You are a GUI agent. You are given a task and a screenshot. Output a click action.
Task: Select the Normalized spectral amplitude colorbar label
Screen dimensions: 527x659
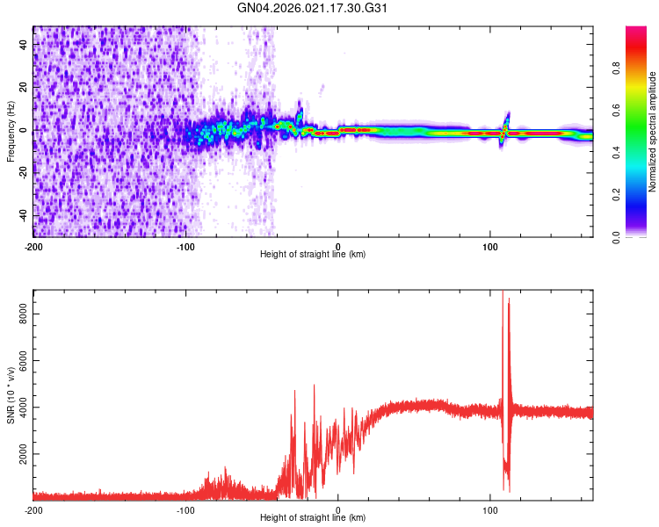click(x=653, y=132)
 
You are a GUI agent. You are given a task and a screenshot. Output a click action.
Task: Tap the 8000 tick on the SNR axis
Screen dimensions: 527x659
click(x=20, y=312)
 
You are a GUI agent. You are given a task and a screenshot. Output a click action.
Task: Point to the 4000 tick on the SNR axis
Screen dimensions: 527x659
click(x=20, y=408)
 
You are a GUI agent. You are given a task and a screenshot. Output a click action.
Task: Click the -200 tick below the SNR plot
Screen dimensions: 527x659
click(x=33, y=509)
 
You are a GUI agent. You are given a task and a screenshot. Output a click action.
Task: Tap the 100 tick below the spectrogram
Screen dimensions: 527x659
click(x=490, y=246)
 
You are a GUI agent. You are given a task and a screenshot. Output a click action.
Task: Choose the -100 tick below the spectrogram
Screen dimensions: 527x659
click(x=185, y=246)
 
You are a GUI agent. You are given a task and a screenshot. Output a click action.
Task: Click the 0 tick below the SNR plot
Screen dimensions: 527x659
click(x=338, y=509)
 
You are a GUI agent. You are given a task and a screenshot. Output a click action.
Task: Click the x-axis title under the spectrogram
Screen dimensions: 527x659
click(x=313, y=255)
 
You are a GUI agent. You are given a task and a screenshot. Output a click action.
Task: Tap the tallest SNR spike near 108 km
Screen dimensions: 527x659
click(x=503, y=293)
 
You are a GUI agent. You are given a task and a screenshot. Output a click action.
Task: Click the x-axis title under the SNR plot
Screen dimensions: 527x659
click(x=313, y=518)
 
